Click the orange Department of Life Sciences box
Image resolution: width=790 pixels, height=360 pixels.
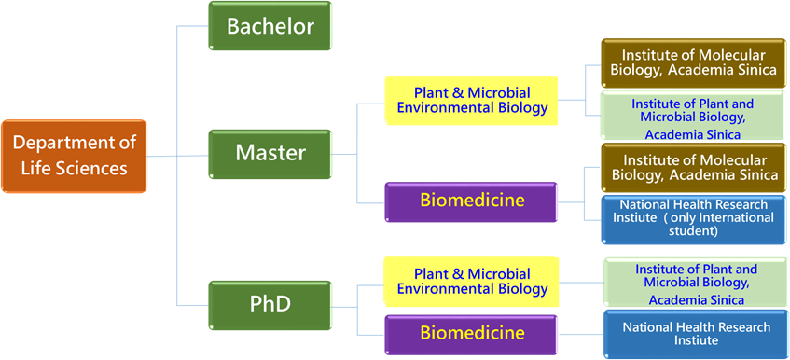click(x=74, y=156)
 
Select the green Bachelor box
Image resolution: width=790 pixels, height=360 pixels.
click(x=270, y=26)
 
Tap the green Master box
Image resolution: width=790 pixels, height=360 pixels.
click(x=270, y=154)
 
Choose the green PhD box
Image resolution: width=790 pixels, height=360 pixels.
click(x=270, y=305)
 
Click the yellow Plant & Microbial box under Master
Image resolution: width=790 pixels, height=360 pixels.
click(x=472, y=100)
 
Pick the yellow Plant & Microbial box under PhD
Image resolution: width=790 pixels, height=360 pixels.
click(x=472, y=282)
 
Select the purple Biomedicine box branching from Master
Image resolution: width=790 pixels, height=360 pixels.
click(x=472, y=201)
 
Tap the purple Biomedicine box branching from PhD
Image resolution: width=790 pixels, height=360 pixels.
click(x=472, y=334)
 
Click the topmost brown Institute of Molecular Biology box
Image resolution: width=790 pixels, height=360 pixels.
click(x=693, y=62)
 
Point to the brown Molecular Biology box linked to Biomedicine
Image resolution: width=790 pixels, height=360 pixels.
click(x=693, y=168)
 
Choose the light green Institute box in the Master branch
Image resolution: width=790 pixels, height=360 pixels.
click(x=693, y=116)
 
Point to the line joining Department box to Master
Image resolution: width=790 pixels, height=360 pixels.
click(x=177, y=156)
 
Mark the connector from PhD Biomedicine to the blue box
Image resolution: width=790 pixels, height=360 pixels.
click(x=580, y=334)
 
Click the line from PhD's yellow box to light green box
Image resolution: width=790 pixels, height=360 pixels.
click(x=580, y=283)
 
